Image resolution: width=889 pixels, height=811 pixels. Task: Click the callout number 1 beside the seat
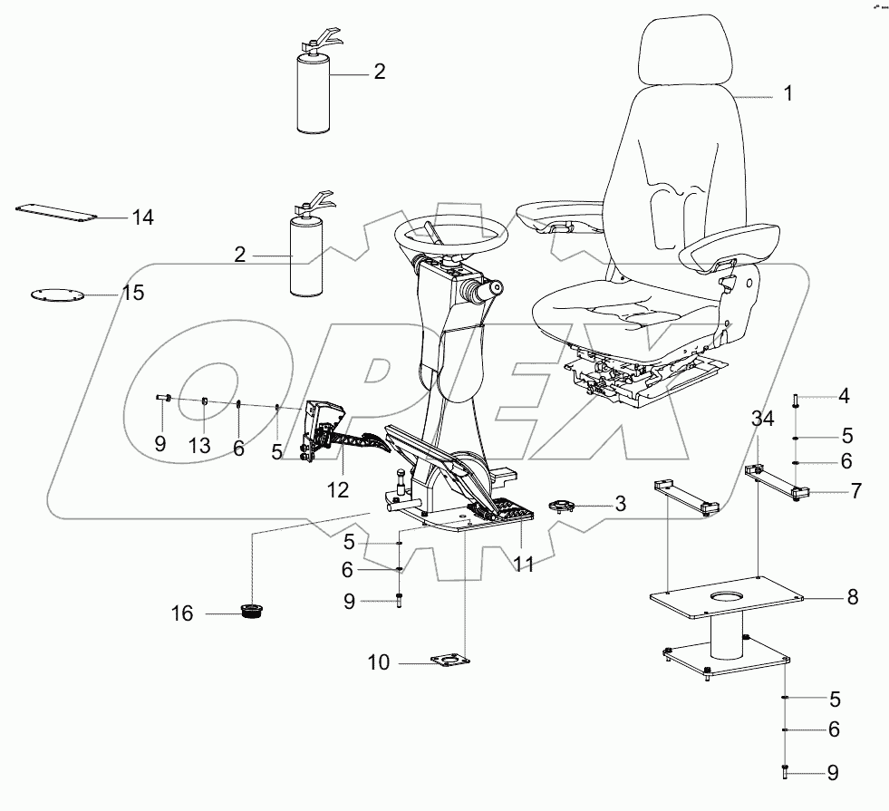(x=788, y=94)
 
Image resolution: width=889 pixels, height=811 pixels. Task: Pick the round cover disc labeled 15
(x=53, y=294)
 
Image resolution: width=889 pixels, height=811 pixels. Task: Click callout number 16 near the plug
(x=182, y=614)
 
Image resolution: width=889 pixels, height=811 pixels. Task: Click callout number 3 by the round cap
(x=620, y=505)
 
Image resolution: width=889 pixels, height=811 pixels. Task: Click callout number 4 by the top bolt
(x=843, y=395)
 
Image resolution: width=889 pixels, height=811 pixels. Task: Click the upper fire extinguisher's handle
(x=323, y=38)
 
